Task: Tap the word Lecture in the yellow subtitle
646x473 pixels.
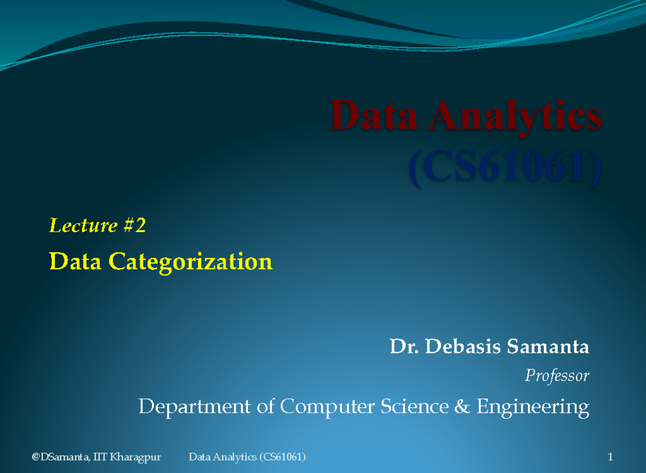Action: coord(83,226)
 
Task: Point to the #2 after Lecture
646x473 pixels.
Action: coord(134,226)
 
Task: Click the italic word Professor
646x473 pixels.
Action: coord(557,376)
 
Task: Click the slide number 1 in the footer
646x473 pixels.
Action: coord(610,457)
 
